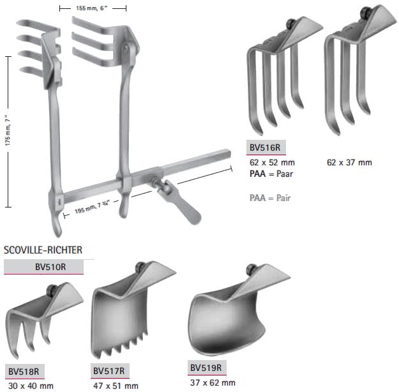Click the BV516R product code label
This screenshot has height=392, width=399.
click(265, 147)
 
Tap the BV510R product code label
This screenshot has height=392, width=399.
click(50, 267)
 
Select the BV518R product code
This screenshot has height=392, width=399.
click(24, 372)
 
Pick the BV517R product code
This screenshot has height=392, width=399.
click(109, 371)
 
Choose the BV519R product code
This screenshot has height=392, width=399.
click(206, 368)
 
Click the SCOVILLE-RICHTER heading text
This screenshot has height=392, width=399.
click(43, 250)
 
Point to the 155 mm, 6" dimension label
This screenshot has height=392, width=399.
click(92, 8)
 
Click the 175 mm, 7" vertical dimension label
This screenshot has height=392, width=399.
click(8, 130)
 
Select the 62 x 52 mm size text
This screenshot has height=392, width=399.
click(272, 162)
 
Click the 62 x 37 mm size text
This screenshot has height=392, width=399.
click(349, 162)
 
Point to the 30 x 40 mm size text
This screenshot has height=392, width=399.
click(31, 386)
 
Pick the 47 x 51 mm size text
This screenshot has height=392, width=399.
click(116, 386)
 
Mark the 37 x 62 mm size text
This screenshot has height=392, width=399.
click(213, 382)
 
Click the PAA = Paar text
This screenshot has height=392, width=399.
click(271, 174)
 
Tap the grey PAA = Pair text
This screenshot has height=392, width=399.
click(270, 198)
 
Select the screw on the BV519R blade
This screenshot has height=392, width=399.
click(251, 269)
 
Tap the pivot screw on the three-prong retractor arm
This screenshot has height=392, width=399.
click(126, 49)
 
